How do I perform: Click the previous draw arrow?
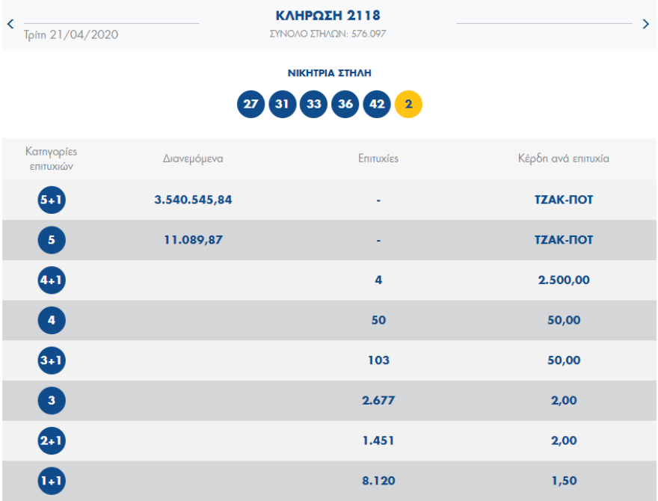coord(10,24)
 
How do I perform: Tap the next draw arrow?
coord(646,24)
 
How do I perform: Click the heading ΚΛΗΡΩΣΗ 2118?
coord(328,16)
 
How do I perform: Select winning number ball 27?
coord(250,104)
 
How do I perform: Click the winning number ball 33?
coord(313,104)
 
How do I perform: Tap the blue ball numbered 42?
coord(377,104)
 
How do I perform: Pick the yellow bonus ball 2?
coord(408,104)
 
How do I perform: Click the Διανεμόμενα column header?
coord(193,159)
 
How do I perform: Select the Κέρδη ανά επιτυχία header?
coord(564,159)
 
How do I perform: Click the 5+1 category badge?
coord(52,200)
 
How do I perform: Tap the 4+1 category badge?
coord(52,280)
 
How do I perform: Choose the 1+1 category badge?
coord(52,482)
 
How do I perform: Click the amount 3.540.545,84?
coord(193,200)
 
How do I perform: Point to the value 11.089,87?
coord(193,240)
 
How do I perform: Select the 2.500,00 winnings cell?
coord(564,280)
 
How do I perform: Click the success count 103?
coord(378,360)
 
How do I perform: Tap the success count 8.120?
coord(378,482)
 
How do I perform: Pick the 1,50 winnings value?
coord(564,482)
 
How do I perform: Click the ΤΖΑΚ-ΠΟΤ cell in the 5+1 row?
coord(564,200)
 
